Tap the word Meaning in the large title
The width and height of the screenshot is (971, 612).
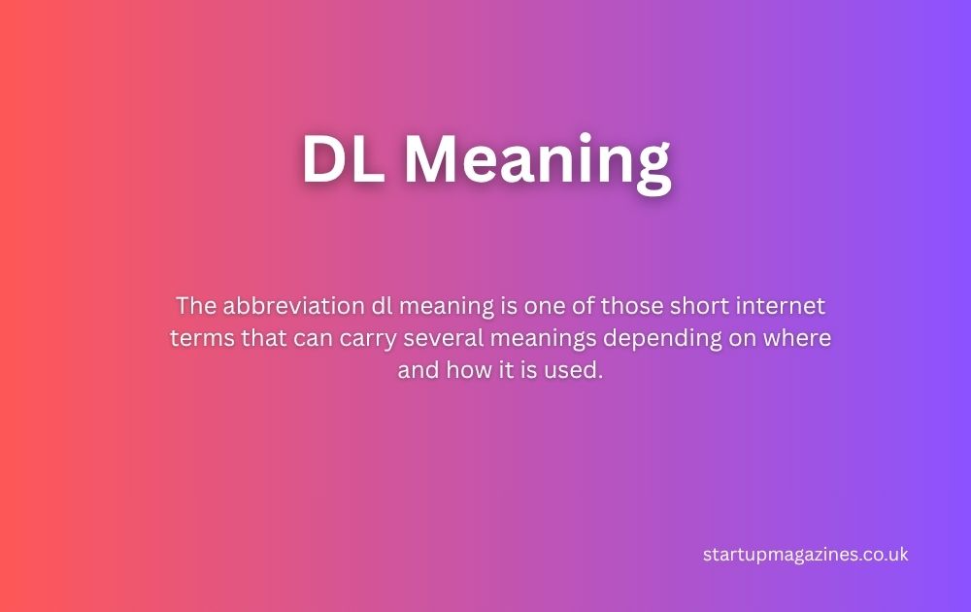pos(537,161)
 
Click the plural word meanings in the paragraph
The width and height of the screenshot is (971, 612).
pos(532,339)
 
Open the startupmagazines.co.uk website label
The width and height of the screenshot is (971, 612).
pos(805,555)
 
